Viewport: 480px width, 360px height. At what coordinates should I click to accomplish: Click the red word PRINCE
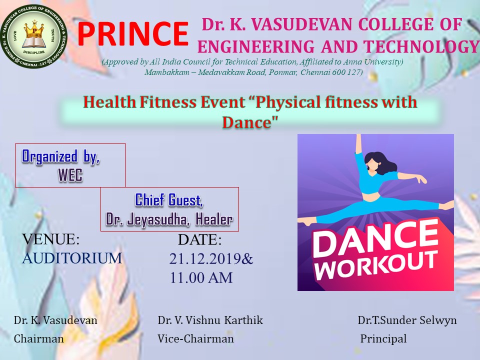132,33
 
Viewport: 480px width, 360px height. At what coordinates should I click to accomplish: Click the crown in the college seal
34,30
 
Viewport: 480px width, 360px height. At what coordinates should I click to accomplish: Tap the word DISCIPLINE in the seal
34,52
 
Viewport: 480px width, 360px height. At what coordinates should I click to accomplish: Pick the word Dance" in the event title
250,122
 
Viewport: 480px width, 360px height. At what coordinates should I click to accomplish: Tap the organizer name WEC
70,175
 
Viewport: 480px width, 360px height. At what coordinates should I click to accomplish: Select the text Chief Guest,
169,200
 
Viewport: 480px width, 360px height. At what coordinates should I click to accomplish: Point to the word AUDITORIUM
72,258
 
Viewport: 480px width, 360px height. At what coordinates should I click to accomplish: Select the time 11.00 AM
201,277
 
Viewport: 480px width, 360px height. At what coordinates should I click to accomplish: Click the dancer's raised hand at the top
358,137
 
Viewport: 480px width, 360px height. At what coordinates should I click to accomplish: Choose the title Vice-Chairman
195,339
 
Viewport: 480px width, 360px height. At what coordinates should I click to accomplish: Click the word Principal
383,339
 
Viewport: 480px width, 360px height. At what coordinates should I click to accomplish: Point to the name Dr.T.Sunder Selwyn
407,320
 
